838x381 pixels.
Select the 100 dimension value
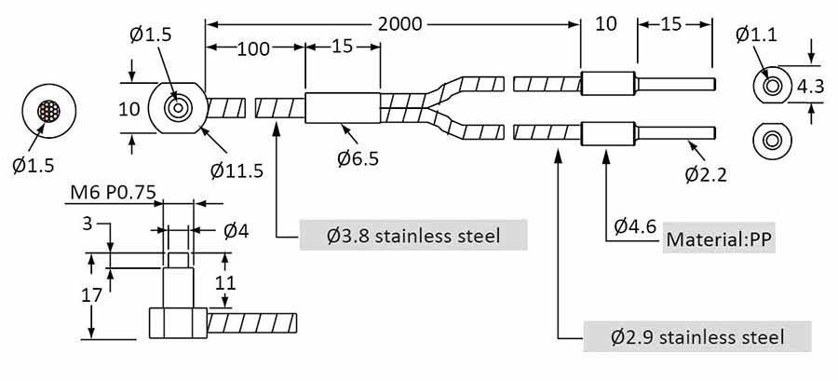254,48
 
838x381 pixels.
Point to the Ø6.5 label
358,158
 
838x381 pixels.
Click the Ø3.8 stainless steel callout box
413,236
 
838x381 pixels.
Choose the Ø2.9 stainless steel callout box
697,336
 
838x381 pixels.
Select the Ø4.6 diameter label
635,225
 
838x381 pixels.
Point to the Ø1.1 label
756,35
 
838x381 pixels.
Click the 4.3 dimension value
811,87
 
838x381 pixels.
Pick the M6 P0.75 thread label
114,194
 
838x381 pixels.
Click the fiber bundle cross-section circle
50,112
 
